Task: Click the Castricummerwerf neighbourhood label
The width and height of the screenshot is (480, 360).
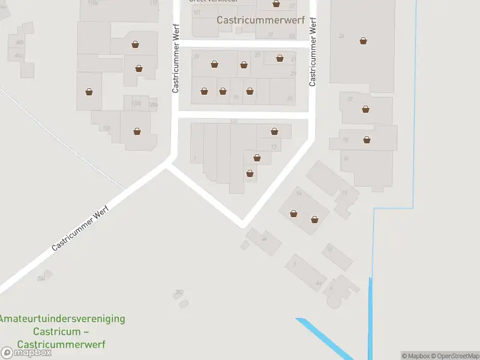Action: [x=260, y=20]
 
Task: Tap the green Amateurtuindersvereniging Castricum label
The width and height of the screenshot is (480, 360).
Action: [x=62, y=331]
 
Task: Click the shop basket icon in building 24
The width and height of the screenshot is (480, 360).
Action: [x=363, y=41]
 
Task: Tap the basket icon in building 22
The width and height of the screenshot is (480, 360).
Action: [x=365, y=109]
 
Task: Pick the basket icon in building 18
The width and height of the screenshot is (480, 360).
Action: [x=367, y=140]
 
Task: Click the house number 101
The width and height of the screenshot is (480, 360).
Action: [x=197, y=13]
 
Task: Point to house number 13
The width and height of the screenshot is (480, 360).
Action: [x=274, y=147]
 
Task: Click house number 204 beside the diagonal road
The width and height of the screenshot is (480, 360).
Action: [x=41, y=278]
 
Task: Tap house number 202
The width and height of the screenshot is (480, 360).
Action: [x=179, y=292]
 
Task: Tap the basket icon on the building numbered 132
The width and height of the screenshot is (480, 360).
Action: [x=137, y=131]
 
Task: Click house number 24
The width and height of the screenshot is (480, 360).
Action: [x=341, y=37]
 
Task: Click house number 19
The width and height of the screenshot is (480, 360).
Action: [x=236, y=97]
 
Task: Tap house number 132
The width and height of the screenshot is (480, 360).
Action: [x=107, y=128]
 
